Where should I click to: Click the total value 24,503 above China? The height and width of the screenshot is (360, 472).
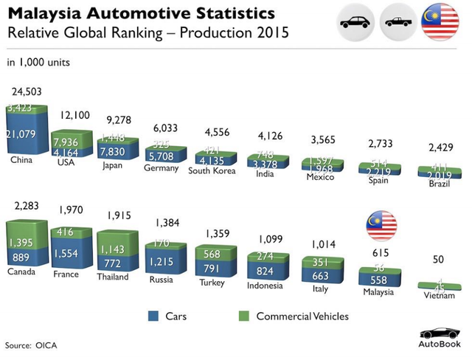coord(27,91)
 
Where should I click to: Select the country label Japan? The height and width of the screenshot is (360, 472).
coord(112,165)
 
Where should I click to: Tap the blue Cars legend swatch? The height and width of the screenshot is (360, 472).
coord(153,316)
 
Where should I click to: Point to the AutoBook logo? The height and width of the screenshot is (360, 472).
coord(440,338)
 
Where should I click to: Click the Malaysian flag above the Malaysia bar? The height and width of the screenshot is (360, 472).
coord(381,226)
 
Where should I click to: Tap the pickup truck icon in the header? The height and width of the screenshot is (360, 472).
coord(399,22)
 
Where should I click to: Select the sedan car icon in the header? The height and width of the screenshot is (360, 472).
coord(357,22)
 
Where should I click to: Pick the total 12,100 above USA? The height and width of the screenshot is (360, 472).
coord(74,115)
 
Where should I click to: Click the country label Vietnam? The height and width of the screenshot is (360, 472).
coord(439,295)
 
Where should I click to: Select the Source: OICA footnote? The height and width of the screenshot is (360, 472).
coord(31,345)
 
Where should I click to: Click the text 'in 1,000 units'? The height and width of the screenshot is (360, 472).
coord(38,62)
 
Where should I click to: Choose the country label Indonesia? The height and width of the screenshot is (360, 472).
coord(264,285)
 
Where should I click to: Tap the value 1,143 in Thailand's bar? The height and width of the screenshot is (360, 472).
coord(114,249)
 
